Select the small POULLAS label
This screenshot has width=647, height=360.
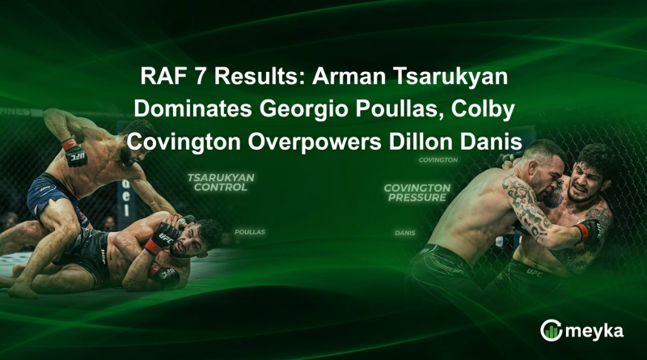tap(249, 231)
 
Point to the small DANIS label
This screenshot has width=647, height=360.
tap(405, 232)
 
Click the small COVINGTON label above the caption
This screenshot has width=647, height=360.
tap(438, 160)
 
